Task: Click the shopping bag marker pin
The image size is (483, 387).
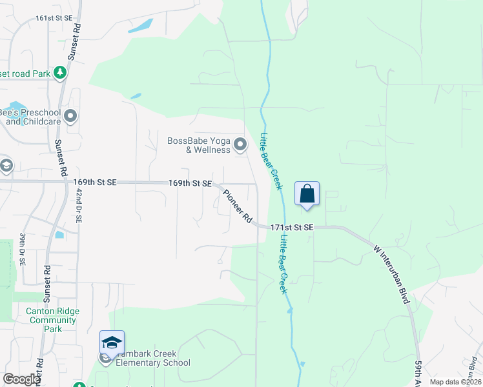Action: point(307,193)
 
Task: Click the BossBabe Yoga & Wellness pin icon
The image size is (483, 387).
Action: point(240,144)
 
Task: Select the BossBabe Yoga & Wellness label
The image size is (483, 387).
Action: point(199,145)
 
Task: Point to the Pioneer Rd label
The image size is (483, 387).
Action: point(237,206)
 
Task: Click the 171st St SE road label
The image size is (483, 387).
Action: point(291,228)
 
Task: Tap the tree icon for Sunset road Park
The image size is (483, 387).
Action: point(60,72)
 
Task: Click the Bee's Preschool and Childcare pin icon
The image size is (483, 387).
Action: point(70,117)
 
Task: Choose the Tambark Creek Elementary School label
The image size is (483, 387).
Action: point(153,358)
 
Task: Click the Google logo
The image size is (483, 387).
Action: point(21,379)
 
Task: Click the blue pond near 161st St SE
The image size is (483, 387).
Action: point(141,26)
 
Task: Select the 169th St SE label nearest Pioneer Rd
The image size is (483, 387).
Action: point(190,184)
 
